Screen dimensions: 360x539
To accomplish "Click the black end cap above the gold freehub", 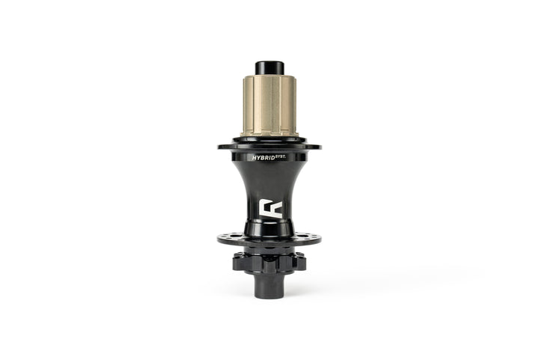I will tap(269, 67).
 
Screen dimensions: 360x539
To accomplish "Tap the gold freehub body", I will tap(269, 105).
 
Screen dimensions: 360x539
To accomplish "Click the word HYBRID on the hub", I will tap(263, 159).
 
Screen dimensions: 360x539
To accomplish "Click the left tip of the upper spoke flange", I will tap(220, 147).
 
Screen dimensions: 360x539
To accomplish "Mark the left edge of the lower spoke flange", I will tap(219, 240).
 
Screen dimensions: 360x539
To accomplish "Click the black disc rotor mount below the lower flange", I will tap(269, 262).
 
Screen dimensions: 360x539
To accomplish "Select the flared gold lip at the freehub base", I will tap(269, 135).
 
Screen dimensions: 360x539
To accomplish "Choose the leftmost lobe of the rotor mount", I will tap(236, 262).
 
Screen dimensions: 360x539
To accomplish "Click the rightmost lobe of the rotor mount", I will tap(303, 262).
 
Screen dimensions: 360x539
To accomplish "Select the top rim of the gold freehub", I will tap(269, 77).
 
